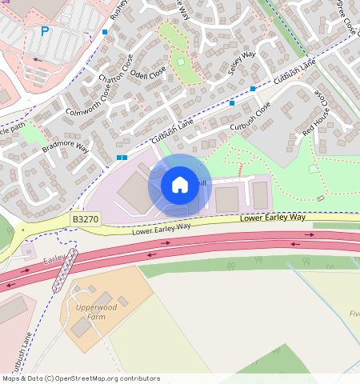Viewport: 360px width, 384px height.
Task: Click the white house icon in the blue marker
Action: tap(180, 185)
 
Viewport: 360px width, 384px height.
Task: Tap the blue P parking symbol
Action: tap(45, 32)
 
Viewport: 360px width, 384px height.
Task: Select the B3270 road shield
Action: tap(86, 218)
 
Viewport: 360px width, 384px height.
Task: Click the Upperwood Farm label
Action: tap(96, 311)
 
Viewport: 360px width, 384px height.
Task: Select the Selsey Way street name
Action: tap(242, 63)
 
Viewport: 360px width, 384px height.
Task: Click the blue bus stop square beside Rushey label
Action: tap(105, 32)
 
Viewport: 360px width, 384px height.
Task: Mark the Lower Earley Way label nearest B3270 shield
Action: tap(162, 228)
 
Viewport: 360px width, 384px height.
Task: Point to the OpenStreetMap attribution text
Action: tap(80, 378)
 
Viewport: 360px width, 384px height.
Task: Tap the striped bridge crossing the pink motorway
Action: tap(65, 270)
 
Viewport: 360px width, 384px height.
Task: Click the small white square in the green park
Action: tap(181, 62)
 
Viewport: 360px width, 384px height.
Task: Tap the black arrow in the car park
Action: tap(38, 59)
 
